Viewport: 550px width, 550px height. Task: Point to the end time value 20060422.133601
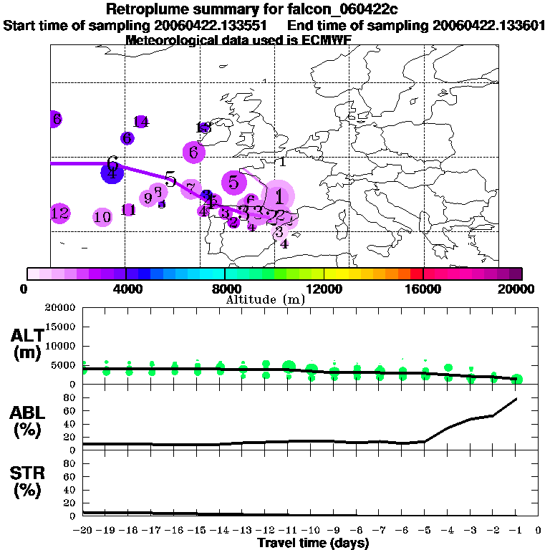pos(489,25)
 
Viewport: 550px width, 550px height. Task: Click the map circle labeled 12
pos(60,213)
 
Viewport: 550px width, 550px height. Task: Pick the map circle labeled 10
pos(103,217)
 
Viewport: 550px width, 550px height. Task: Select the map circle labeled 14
pos(141,122)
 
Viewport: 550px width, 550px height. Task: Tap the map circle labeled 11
pos(129,210)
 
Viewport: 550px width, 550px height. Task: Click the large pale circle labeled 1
pos(279,195)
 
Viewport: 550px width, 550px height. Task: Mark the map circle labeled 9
pos(149,198)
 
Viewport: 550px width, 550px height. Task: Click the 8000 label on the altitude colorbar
pos(225,289)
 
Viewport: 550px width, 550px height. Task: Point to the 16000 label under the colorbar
pos(423,289)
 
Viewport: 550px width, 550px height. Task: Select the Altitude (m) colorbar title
pos(265,299)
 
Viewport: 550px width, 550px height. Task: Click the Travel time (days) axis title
pos(313,544)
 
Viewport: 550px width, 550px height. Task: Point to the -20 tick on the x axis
pos(84,531)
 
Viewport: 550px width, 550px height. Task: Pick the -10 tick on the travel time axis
pos(311,531)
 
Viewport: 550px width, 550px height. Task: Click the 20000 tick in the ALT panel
pos(60,308)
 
